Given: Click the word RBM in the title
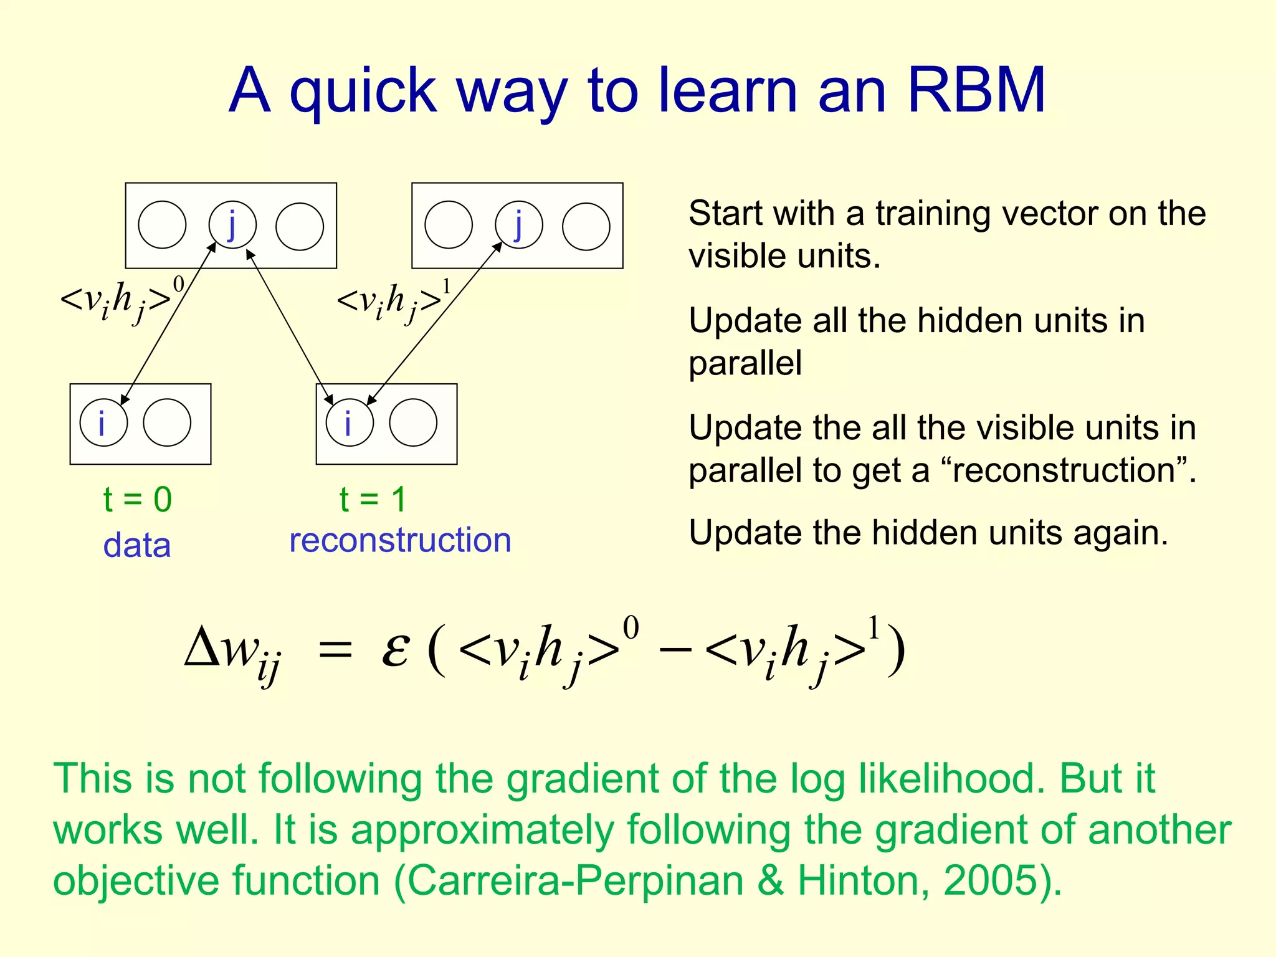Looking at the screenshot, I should click(976, 91).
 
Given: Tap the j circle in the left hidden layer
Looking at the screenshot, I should click(232, 225).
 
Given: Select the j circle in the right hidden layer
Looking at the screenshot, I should click(518, 225).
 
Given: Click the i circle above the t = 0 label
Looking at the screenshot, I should click(103, 422).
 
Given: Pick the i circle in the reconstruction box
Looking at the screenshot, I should click(350, 422).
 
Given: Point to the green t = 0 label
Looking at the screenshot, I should click(138, 500).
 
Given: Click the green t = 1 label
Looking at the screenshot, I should click(373, 500).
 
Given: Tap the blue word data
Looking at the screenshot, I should click(137, 545).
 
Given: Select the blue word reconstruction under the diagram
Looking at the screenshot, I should click(400, 540).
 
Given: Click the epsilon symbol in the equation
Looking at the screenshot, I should click(395, 650).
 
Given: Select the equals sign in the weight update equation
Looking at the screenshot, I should click(335, 652).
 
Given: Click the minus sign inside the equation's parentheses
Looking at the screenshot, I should click(675, 650).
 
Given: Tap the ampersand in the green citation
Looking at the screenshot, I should click(771, 880).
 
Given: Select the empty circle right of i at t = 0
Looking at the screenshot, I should click(167, 422).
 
